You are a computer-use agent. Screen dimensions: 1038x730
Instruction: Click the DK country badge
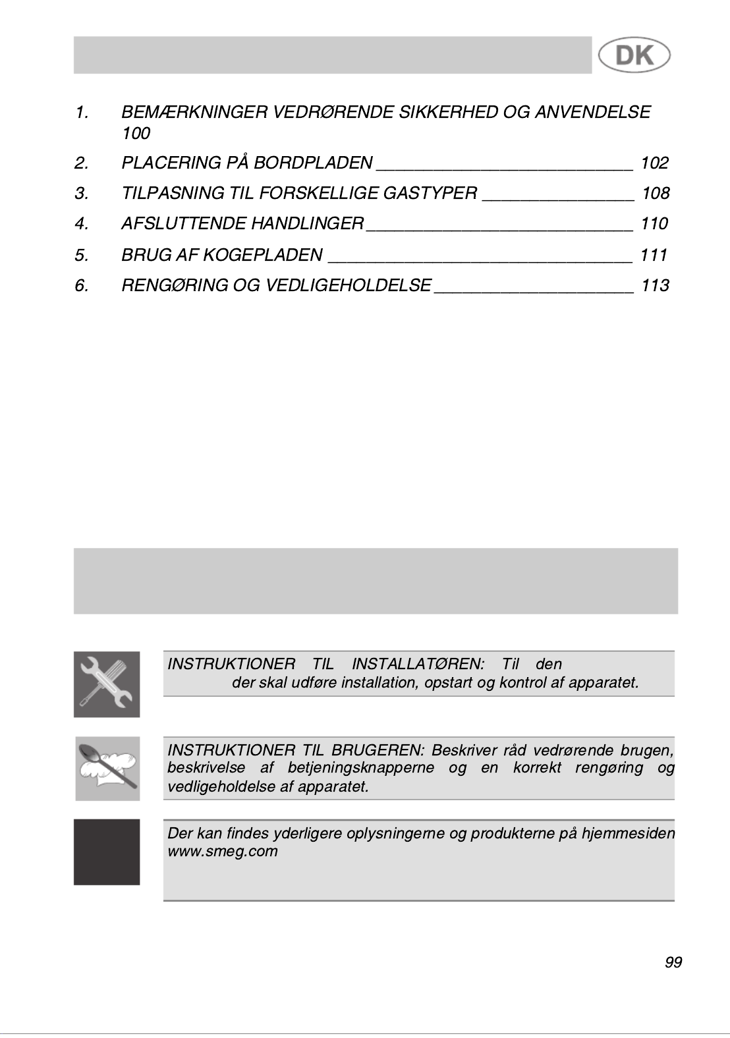tap(634, 55)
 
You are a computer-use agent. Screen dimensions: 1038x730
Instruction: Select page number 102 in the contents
tap(654, 163)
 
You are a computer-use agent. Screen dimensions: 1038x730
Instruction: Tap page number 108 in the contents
tap(655, 193)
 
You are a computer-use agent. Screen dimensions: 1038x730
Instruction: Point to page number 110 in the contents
tap(654, 223)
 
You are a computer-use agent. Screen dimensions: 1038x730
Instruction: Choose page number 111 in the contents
tap(654, 254)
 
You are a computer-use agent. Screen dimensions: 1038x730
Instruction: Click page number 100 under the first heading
tap(136, 134)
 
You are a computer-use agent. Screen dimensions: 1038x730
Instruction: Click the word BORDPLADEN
tap(314, 163)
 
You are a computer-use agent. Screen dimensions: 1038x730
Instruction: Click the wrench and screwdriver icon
tap(107, 684)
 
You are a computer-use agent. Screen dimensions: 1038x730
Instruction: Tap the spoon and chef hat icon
tap(107, 768)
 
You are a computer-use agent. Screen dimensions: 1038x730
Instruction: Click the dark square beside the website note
tap(107, 852)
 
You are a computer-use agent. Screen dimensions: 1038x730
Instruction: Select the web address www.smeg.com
tap(223, 851)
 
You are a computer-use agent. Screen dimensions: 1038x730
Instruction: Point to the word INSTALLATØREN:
tap(418, 664)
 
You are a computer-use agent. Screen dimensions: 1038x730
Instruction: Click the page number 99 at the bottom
tap(673, 962)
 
